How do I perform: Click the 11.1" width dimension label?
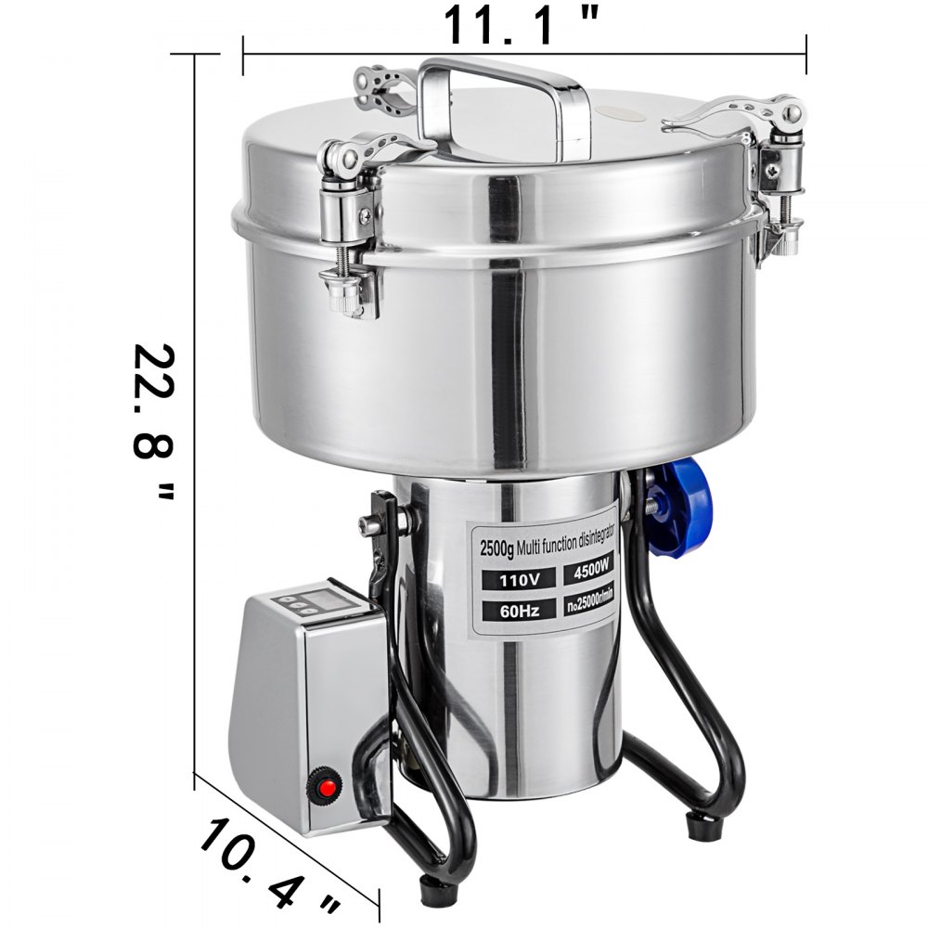pyautogui.click(x=525, y=25)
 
